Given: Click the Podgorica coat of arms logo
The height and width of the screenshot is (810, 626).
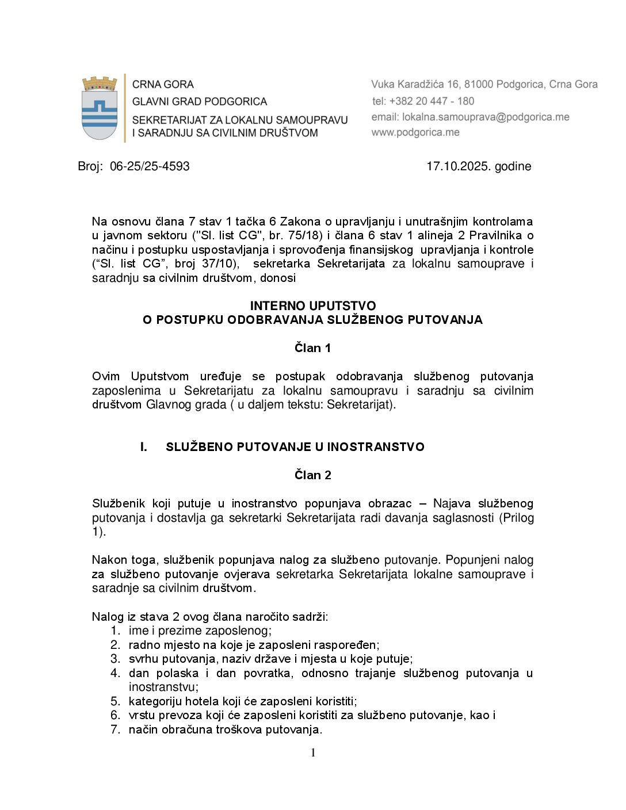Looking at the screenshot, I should click(x=100, y=108).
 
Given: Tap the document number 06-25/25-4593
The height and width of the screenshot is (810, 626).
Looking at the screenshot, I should click(x=150, y=167).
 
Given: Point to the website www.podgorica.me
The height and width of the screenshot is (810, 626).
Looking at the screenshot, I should click(x=415, y=133).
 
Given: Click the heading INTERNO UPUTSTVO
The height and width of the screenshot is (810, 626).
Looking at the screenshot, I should click(x=312, y=306).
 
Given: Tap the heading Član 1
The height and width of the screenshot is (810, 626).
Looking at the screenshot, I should click(x=312, y=348).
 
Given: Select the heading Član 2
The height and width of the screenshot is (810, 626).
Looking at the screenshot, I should click(x=312, y=475).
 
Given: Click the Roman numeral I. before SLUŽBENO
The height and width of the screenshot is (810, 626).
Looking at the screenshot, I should click(x=144, y=447).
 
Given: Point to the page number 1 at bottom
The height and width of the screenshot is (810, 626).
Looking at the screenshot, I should click(x=313, y=753).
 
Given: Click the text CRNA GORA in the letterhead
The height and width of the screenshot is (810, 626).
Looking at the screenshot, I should click(x=163, y=85).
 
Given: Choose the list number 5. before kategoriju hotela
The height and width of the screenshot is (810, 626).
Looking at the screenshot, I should click(x=116, y=701).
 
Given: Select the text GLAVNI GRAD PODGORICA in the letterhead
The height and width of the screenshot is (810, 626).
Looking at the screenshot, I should click(x=200, y=102).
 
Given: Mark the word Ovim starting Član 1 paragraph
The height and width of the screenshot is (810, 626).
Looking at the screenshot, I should click(x=106, y=377).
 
